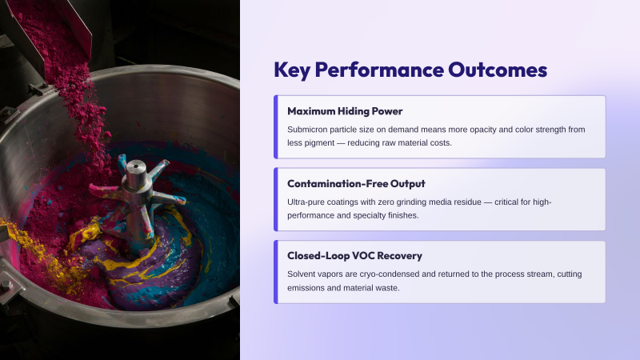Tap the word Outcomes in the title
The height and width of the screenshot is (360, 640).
click(x=498, y=70)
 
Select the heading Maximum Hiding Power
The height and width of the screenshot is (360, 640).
click(x=345, y=111)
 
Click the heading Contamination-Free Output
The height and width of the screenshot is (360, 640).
click(x=356, y=184)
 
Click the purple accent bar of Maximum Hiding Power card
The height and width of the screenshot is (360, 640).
click(x=276, y=126)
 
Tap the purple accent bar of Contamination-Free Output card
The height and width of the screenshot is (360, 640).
click(x=276, y=199)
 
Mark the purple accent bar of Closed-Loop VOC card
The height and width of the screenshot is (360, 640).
click(x=276, y=272)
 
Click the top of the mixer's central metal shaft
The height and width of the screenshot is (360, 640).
click(x=136, y=166)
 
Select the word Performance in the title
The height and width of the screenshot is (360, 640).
click(x=379, y=70)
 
